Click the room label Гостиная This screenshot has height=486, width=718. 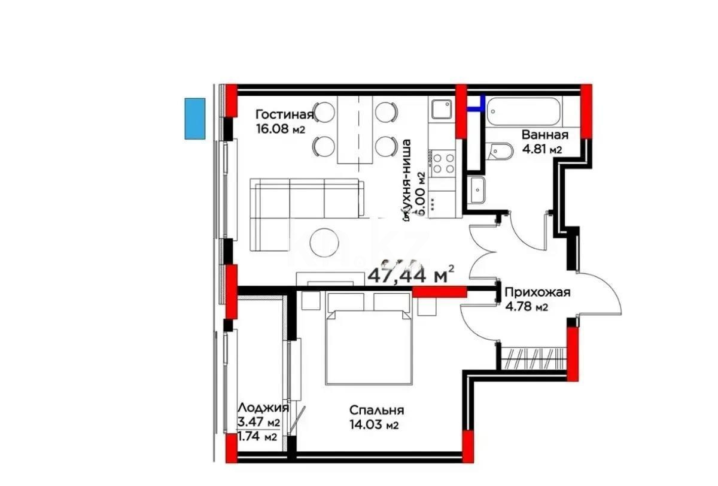click(x=284, y=114)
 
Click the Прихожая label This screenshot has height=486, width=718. click(x=537, y=292)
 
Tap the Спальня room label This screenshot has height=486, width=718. click(x=377, y=410)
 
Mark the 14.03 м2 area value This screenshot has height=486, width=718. click(x=375, y=425)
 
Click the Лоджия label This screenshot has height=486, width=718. click(x=263, y=407)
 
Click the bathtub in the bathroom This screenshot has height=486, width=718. click(x=524, y=111)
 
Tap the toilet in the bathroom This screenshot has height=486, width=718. click(x=499, y=152)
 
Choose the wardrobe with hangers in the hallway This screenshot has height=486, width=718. click(x=533, y=358)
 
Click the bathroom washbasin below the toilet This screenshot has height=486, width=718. click(x=478, y=190)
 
